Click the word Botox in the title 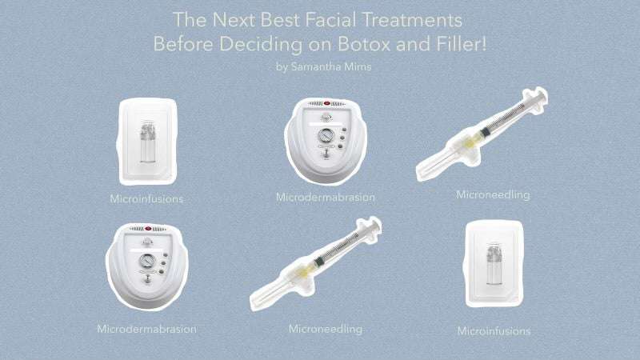tap(364, 44)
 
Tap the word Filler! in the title tap(462, 44)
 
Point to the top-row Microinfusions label tap(146, 199)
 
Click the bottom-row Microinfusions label tap(494, 331)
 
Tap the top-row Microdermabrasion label tap(326, 197)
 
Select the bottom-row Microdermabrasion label tap(146, 329)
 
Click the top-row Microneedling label tap(493, 195)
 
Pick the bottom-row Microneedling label tap(326, 329)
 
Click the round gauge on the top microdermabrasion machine tap(326, 135)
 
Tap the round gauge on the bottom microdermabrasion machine tap(147, 261)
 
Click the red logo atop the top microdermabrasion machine tap(326, 104)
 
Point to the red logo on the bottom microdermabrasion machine tap(148, 229)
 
